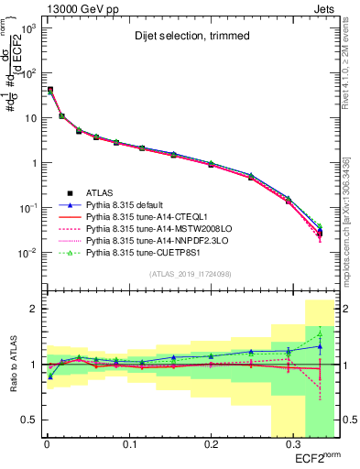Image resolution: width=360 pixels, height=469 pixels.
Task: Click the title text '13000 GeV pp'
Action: pyautogui.click(x=72, y=7)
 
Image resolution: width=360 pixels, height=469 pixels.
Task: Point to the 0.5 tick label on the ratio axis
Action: pyautogui.click(x=27, y=420)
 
